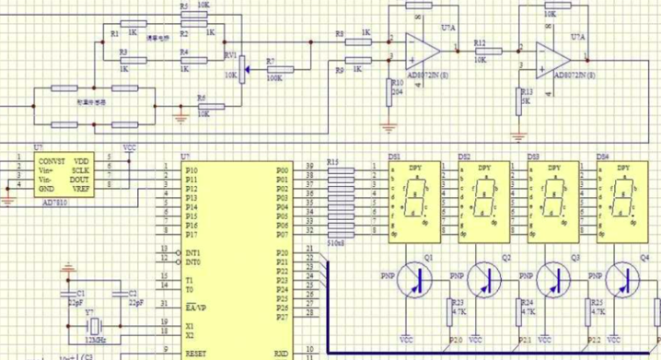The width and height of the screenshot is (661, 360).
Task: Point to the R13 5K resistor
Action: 517,97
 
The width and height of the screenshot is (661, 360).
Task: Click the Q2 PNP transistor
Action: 484,278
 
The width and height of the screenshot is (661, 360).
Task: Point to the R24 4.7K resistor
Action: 520,308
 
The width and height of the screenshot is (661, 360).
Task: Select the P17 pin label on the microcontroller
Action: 191,234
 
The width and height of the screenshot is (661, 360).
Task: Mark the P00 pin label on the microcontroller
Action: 282,169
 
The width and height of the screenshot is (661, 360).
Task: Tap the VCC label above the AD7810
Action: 130,148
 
